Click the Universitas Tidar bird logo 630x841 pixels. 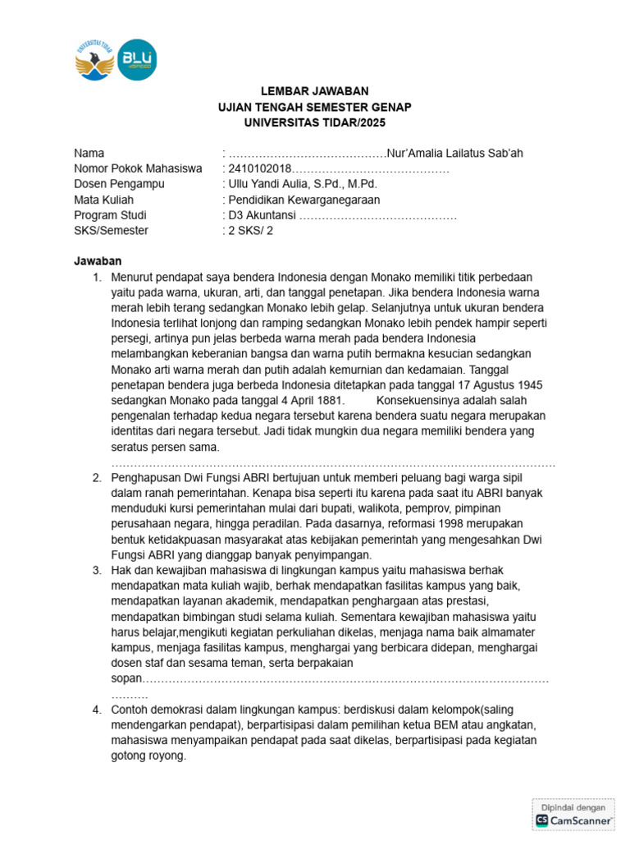(94, 60)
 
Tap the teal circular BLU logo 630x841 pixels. (136, 60)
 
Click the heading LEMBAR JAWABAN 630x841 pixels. (314, 91)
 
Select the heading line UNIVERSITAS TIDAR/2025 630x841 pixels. (314, 122)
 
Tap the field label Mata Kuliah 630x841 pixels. (103, 200)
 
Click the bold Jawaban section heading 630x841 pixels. (98, 261)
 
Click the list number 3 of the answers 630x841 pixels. (96, 570)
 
